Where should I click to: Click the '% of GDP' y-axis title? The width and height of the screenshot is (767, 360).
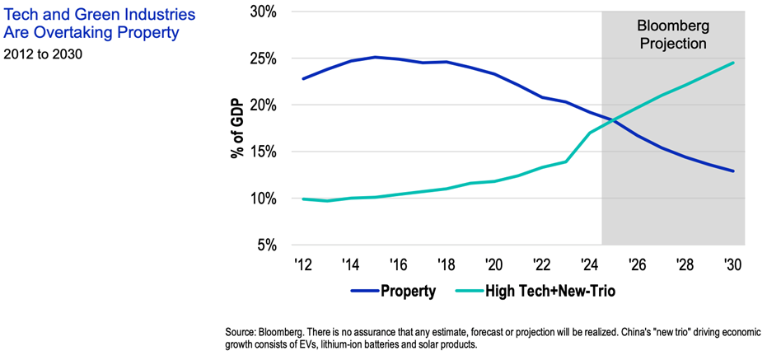coord(236,129)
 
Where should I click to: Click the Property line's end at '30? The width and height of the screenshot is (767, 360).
coord(733,171)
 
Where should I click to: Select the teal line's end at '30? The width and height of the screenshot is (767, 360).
coord(733,63)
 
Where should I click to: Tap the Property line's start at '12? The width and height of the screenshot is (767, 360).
coord(304,79)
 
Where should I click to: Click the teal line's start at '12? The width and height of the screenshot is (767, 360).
coord(304,199)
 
